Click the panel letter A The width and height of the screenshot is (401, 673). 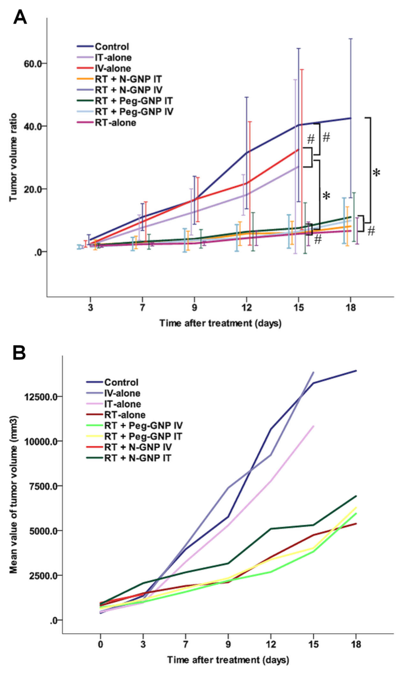20,17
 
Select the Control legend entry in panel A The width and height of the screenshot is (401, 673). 112,47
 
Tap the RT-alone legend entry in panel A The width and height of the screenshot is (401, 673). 115,123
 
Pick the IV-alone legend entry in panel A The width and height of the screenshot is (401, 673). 113,68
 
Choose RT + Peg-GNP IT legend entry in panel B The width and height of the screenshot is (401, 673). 143,436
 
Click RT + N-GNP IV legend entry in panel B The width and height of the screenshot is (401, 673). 138,447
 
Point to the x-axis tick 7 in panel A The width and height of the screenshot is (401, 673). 142,307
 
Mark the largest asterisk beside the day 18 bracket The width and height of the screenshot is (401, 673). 376,173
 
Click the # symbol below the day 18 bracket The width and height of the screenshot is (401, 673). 371,231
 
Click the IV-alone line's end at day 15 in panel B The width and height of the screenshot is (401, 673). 313,372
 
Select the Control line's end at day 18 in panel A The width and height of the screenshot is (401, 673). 350,118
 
